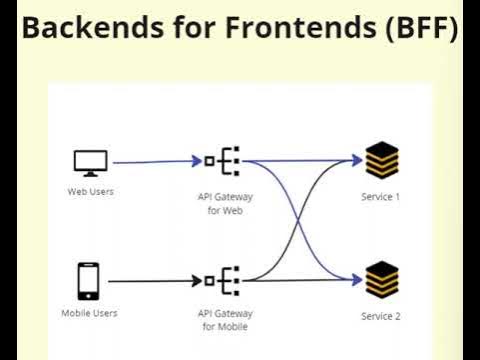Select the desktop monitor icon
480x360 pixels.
tap(90, 161)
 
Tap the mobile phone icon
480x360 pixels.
tap(90, 280)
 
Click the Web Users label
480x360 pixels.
tap(90, 191)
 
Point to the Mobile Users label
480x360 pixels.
tap(90, 313)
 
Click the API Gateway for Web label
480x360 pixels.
tap(221, 204)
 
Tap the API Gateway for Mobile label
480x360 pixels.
tap(221, 320)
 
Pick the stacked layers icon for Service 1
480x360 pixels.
tap(381, 160)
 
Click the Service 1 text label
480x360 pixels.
tap(381, 197)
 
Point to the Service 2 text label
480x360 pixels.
tap(381, 316)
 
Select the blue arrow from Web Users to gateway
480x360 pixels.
tap(150, 161)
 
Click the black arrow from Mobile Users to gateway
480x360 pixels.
tap(150, 281)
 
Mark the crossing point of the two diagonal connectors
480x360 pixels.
tap(299, 220)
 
